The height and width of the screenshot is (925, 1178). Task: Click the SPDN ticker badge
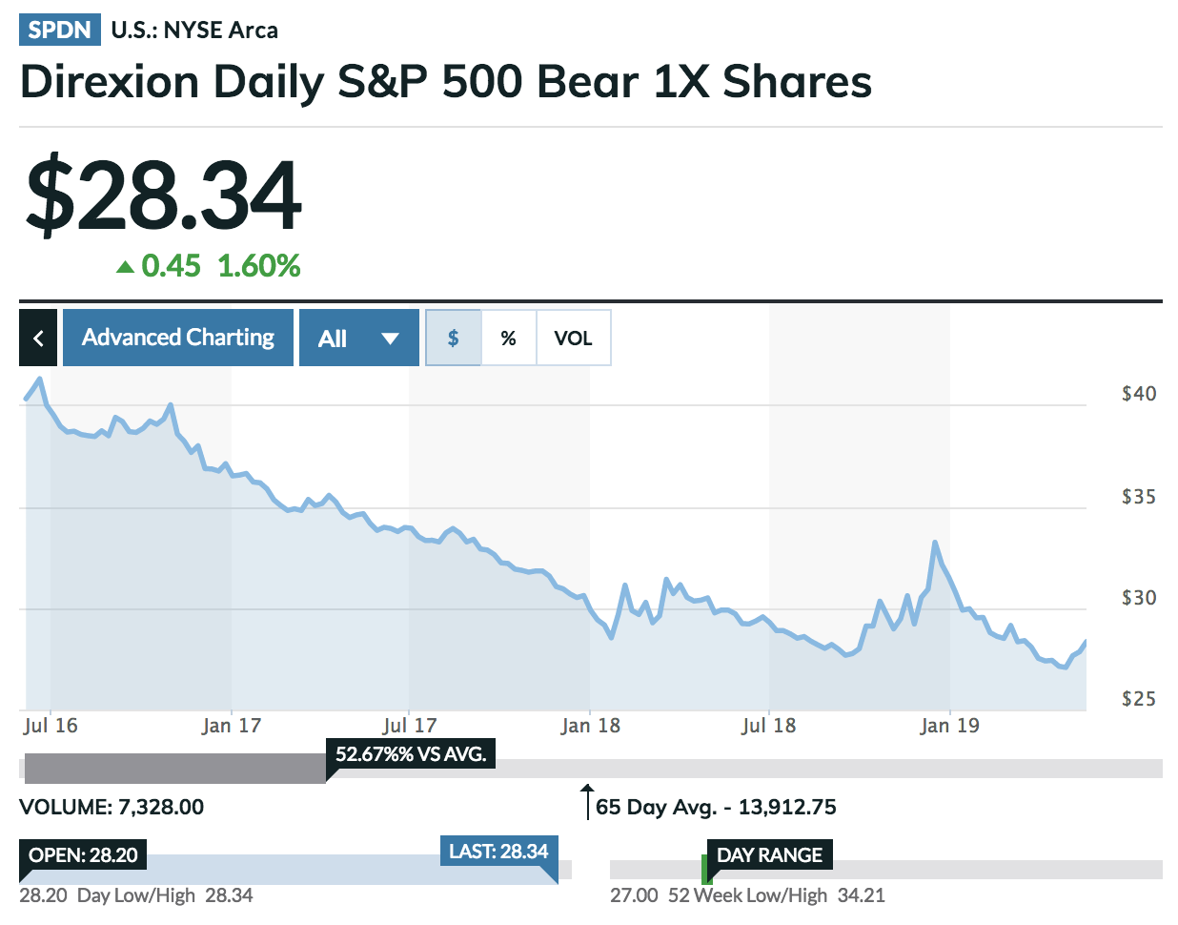(59, 30)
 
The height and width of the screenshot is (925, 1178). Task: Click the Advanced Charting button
(177, 338)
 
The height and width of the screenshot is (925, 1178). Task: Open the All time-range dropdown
(358, 338)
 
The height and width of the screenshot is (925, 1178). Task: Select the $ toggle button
(453, 338)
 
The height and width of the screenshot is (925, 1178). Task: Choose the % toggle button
(508, 338)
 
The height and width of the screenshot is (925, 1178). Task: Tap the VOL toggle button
(573, 338)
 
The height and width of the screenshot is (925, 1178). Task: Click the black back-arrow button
(38, 338)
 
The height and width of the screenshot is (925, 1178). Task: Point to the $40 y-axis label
(1138, 394)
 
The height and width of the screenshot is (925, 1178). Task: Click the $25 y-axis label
(1138, 699)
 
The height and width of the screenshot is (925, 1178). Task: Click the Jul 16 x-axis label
(51, 726)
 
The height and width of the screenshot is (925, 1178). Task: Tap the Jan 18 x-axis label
(590, 726)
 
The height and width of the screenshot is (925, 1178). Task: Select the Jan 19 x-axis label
(949, 726)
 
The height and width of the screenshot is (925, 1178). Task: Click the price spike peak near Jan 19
(935, 543)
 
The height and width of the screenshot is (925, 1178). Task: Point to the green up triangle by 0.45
(125, 267)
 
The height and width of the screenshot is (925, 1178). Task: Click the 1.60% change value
(258, 266)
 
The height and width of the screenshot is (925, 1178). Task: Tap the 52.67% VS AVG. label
(410, 753)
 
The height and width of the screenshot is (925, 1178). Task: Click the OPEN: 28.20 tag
(83, 854)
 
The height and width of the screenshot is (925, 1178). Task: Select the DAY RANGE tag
(769, 854)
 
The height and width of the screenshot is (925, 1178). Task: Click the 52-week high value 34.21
(861, 895)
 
